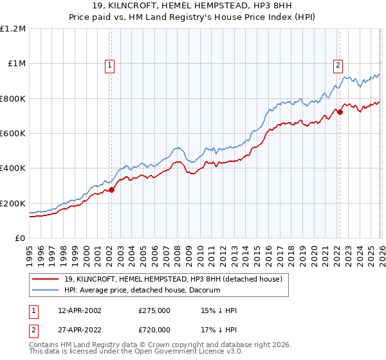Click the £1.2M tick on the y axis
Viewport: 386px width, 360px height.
coord(13,29)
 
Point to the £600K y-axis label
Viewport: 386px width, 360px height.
coord(13,134)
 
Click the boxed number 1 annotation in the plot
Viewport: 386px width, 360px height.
coord(111,64)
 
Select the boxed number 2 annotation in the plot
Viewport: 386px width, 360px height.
coord(338,64)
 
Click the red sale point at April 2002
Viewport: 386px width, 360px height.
coord(111,190)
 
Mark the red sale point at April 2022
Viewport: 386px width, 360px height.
coord(340,113)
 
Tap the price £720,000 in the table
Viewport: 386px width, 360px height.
coord(154,329)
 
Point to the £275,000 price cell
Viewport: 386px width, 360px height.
coord(154,310)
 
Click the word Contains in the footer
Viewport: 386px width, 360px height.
coord(44,346)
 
